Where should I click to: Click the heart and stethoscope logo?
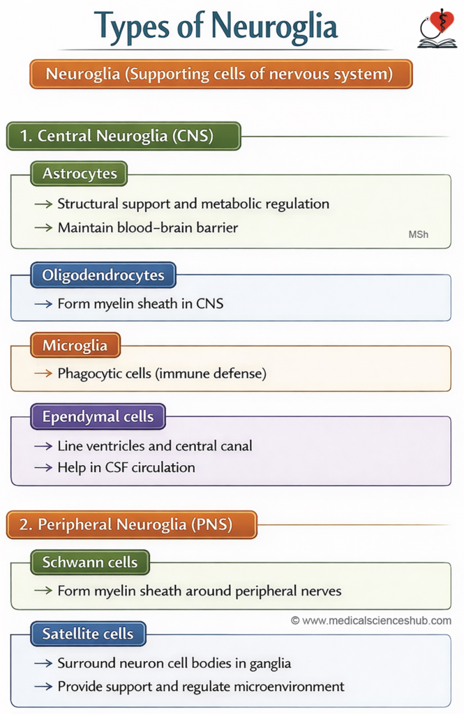437,28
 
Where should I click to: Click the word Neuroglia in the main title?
274,26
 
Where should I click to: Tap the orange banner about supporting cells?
221,74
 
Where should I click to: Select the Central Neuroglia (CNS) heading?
124,136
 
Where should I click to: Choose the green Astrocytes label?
79,174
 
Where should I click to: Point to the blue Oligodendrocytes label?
103,275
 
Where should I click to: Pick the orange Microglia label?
75,345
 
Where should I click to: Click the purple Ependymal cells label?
98,417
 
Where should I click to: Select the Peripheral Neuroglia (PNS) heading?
132,524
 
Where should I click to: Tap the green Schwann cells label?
90,563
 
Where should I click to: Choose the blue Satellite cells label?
88,634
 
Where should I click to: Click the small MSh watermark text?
419,234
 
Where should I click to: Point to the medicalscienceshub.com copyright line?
371,620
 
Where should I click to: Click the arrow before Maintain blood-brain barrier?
43,228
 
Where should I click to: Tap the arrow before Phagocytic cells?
43,374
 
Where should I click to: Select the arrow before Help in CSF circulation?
43,468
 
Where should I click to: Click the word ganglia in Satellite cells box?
270,664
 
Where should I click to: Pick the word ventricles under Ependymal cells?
116,446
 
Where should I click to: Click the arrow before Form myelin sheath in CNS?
43,304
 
